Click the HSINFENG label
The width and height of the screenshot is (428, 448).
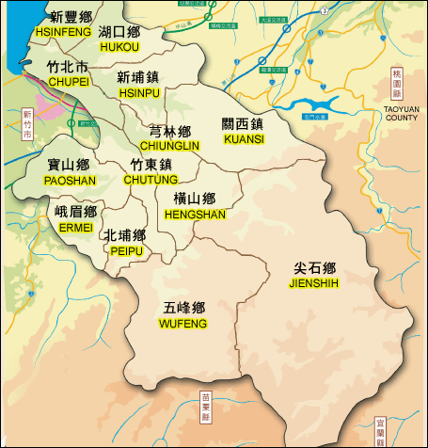[x=63, y=32]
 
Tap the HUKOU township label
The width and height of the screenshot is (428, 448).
[x=119, y=46]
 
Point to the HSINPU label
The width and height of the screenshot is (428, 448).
[x=137, y=92]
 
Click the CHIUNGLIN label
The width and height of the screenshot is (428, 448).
[x=169, y=147]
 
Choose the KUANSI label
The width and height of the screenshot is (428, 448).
[x=244, y=139]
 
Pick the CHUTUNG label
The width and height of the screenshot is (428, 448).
[x=151, y=180]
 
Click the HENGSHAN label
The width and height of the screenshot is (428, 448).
[x=195, y=215]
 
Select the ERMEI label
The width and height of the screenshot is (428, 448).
[x=75, y=228]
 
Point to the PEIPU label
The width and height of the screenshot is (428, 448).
[x=125, y=251]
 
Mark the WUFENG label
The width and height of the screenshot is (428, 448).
[x=183, y=324]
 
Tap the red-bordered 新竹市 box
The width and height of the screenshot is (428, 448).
[x=26, y=124]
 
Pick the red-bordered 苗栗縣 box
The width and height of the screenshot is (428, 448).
[x=206, y=406]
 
